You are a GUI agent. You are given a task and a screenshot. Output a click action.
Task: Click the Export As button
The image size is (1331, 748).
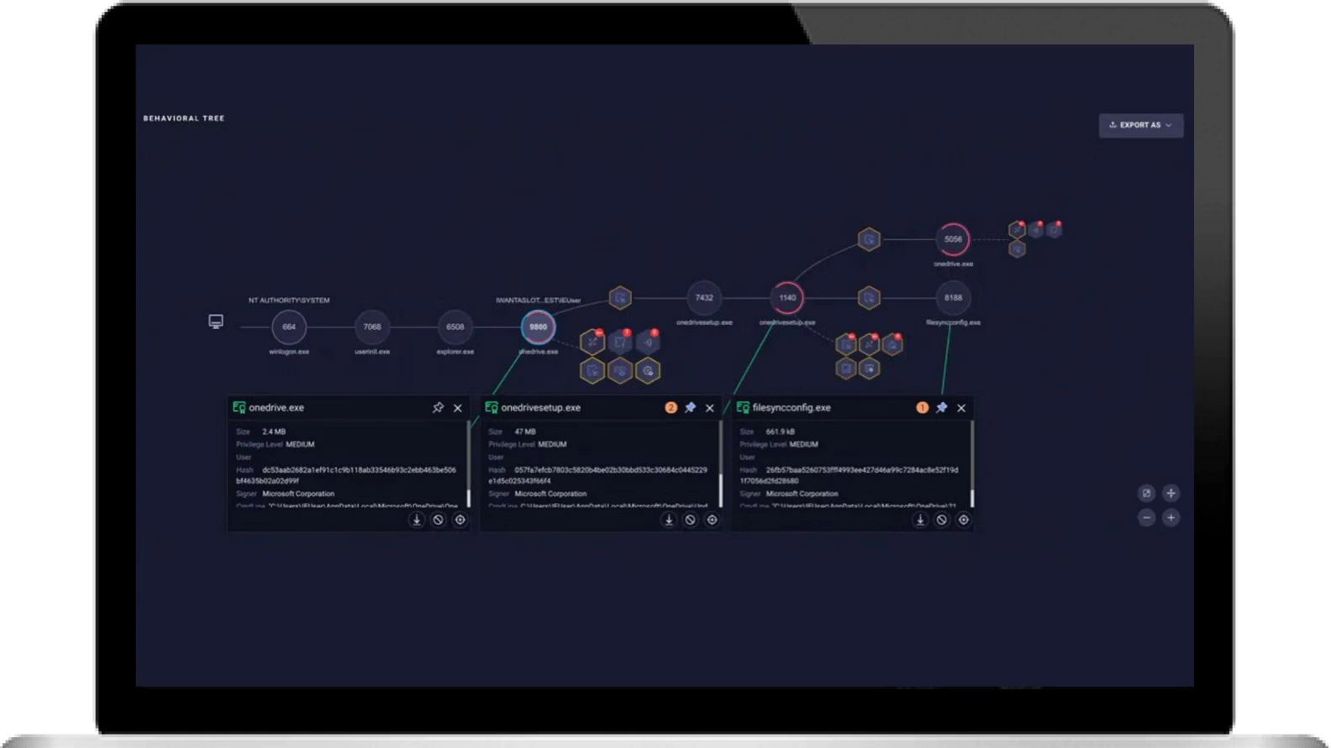(x=1140, y=125)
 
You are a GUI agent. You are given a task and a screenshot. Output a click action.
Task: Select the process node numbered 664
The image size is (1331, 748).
(x=289, y=327)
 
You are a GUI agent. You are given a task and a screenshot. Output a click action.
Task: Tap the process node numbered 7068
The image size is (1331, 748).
(x=372, y=327)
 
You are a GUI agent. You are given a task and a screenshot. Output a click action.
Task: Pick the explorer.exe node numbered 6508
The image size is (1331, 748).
(x=455, y=327)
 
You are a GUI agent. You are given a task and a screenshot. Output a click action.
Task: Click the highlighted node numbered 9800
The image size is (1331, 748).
(x=538, y=327)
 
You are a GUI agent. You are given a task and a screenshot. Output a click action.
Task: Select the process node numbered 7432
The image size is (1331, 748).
(x=704, y=297)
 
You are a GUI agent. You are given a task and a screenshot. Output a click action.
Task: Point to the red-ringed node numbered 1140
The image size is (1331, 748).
(x=787, y=297)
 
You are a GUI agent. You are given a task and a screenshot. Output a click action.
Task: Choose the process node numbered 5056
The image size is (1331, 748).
(x=953, y=239)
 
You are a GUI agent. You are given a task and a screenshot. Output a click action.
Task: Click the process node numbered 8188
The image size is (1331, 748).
(x=953, y=297)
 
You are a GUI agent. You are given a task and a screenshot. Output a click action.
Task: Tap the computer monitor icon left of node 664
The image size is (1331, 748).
(x=216, y=322)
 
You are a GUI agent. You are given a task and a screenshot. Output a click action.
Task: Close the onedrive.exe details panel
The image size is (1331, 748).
(x=458, y=408)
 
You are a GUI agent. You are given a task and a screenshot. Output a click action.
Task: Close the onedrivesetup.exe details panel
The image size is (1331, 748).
(x=710, y=408)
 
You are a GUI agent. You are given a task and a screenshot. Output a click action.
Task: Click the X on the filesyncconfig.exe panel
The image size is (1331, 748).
(x=961, y=408)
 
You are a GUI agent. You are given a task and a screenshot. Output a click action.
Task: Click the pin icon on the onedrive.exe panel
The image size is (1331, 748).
(x=438, y=408)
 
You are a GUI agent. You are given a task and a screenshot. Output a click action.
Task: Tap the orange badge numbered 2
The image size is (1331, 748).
(x=671, y=408)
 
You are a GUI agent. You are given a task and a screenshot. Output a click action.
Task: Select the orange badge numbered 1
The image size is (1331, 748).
(x=922, y=408)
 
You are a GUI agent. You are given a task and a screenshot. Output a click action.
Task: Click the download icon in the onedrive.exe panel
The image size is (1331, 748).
(x=417, y=520)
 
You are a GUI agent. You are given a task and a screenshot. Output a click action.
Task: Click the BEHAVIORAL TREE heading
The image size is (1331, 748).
(x=184, y=118)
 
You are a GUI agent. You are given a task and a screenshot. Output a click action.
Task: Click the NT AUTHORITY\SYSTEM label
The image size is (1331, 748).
(x=289, y=300)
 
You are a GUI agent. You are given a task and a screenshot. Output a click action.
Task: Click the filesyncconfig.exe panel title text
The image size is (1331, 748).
(x=792, y=408)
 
